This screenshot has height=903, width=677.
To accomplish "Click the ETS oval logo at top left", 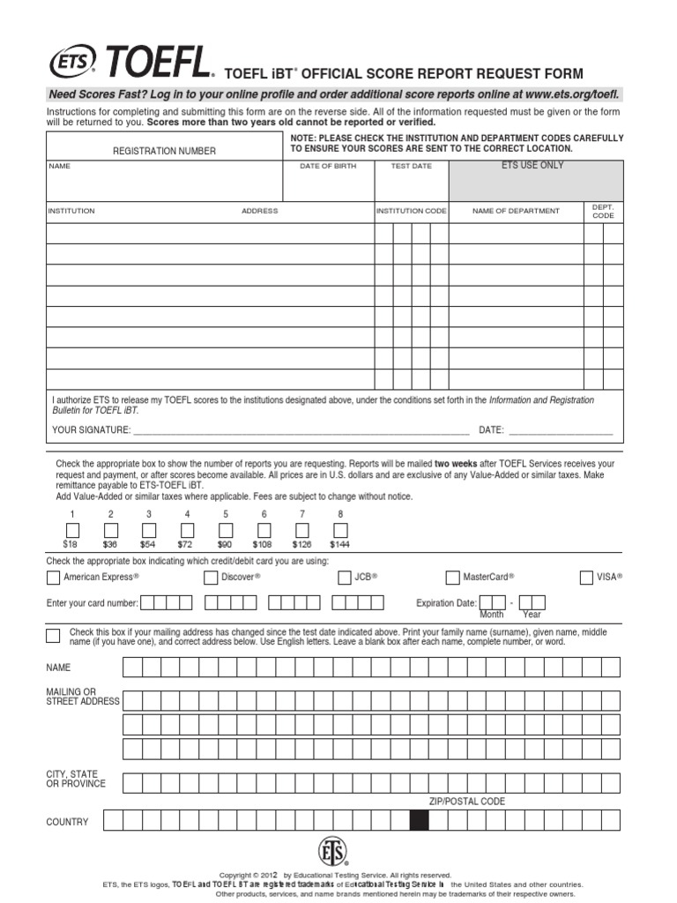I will pyautogui.click(x=73, y=62).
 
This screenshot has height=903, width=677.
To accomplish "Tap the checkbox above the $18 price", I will pyautogui.click(x=72, y=530).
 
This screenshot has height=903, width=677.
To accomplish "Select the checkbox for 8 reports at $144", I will pyautogui.click(x=340, y=530).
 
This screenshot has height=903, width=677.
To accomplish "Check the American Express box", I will pyautogui.click(x=53, y=578).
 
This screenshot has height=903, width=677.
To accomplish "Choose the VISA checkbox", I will pyautogui.click(x=586, y=578).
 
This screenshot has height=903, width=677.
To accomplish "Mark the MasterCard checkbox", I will pyautogui.click(x=453, y=578).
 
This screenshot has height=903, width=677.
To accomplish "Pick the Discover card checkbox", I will pyautogui.click(x=211, y=578).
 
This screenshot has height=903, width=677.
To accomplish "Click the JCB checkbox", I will pyautogui.click(x=344, y=578).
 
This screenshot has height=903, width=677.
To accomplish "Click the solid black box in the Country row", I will pyautogui.click(x=420, y=821).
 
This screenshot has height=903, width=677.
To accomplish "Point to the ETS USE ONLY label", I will pyautogui.click(x=532, y=166).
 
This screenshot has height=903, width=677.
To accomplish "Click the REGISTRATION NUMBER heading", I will pyautogui.click(x=164, y=152).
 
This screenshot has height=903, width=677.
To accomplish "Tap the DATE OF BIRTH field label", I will pyautogui.click(x=328, y=166).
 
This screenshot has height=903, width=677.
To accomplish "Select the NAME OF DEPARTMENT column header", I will pyautogui.click(x=516, y=212).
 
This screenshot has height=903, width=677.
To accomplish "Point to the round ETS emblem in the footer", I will pyautogui.click(x=332, y=851).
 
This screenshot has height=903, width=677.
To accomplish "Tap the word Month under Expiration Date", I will pyautogui.click(x=491, y=615).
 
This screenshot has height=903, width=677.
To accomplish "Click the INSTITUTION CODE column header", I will pyautogui.click(x=412, y=212).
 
